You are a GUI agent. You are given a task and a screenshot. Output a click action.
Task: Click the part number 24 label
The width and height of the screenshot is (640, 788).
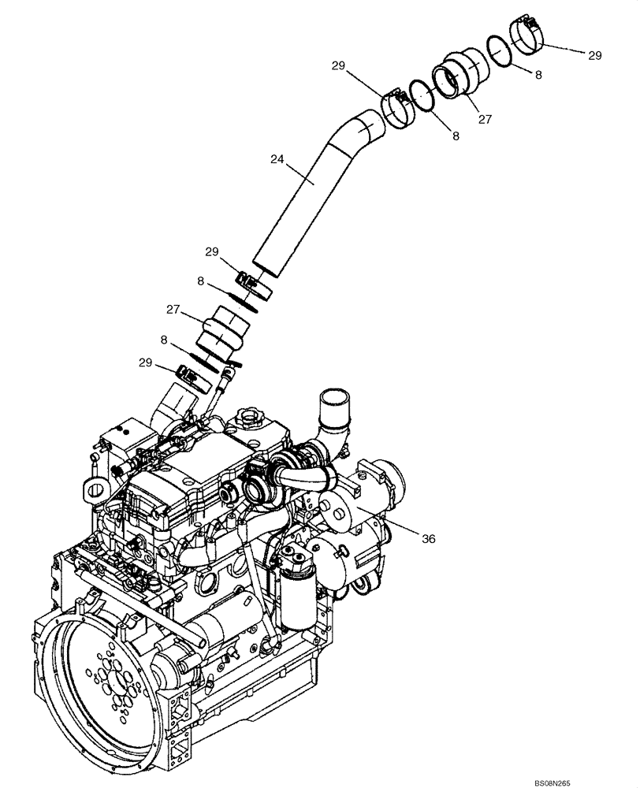tap(276, 158)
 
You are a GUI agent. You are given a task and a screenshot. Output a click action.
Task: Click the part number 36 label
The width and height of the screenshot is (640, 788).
tap(428, 539)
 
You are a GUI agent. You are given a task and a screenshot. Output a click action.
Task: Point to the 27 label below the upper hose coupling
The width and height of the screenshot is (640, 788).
tap(485, 119)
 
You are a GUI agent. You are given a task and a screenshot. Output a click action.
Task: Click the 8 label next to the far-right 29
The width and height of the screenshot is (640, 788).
tap(538, 76)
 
